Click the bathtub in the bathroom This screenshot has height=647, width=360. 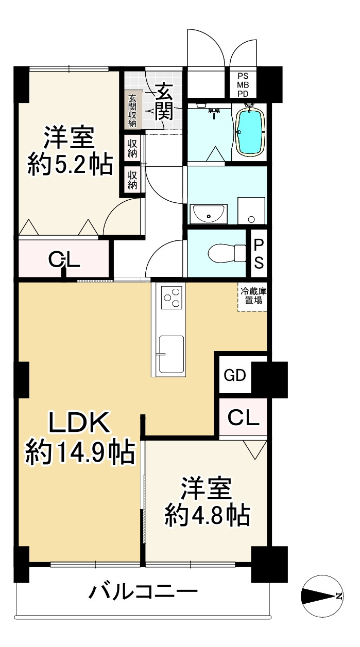(x=250, y=131)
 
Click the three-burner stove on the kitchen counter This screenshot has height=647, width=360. (x=172, y=297)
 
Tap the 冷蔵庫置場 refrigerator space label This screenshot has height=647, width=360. (x=252, y=296)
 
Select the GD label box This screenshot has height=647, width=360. (x=234, y=375)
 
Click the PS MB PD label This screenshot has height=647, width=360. (x=243, y=85)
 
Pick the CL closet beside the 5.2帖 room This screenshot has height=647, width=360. (x=64, y=260)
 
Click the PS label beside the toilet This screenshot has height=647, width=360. (x=259, y=253)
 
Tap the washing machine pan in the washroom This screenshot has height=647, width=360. (x=251, y=211)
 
